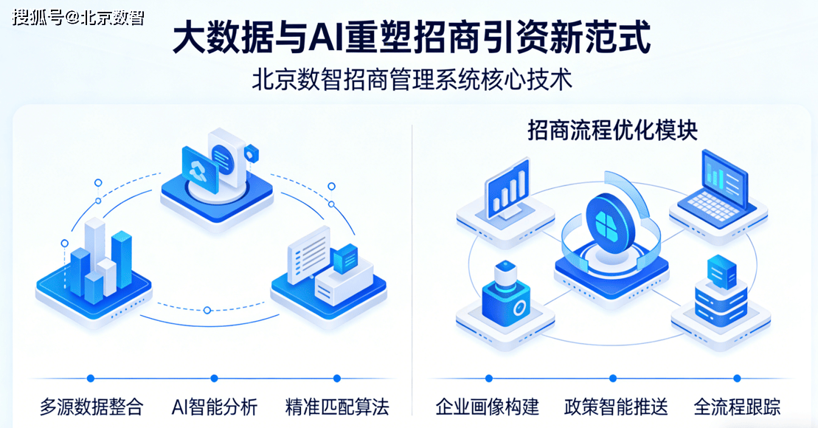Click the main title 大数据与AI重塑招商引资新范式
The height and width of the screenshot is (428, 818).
(412, 37)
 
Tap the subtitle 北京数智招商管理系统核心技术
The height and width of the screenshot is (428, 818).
(412, 79)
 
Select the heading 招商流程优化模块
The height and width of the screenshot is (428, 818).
(613, 131)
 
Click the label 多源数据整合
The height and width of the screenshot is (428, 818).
(91, 406)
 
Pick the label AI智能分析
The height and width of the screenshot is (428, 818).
(215, 406)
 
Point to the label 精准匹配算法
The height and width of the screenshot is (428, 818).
(337, 406)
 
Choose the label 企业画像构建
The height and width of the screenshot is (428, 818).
(488, 406)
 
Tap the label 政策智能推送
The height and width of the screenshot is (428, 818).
(616, 406)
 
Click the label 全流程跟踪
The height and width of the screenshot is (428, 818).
(737, 406)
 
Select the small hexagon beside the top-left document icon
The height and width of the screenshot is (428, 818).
(252, 153)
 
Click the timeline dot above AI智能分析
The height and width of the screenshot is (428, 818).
(215, 378)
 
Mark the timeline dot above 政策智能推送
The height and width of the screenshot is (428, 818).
(616, 378)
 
